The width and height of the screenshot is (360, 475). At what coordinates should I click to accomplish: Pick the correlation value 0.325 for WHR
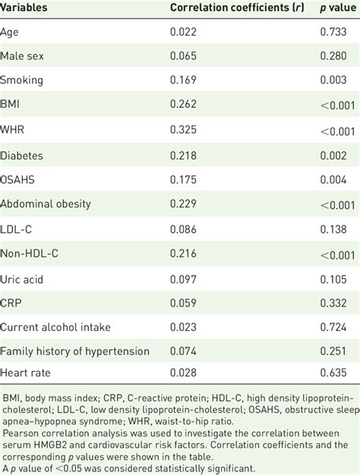tap(182, 131)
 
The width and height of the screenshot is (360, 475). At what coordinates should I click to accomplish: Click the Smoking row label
tap(21, 80)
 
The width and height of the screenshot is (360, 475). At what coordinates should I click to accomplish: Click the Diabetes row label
tap(22, 155)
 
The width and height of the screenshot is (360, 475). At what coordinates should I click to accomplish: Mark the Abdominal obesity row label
tap(46, 204)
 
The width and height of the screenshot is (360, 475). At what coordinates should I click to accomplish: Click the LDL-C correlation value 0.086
tap(182, 229)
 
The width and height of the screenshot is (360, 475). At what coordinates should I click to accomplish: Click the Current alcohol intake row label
tap(55, 328)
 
